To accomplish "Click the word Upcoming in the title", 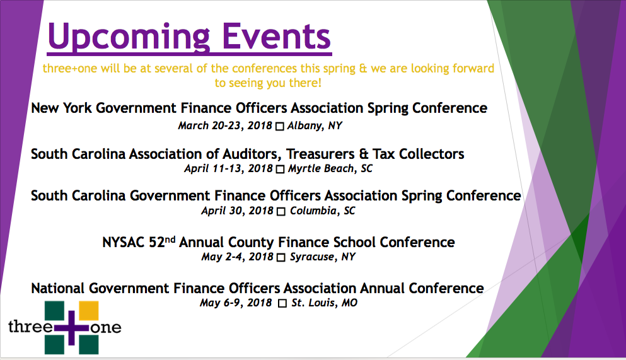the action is click(129, 37).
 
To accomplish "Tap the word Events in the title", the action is click(276, 36).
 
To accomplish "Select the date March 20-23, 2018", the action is click(225, 125).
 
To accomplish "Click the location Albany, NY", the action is click(315, 126).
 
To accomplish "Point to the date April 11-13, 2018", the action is click(228, 168).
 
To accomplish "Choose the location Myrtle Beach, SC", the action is click(330, 169).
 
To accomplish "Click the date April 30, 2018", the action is click(237, 211).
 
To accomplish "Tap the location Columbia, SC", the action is click(323, 211).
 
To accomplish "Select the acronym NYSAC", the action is click(124, 242).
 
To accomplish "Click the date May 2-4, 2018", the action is click(237, 257).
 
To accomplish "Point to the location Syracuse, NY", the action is click(323, 257).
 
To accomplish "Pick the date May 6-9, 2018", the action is click(236, 303).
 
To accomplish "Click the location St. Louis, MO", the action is click(324, 303).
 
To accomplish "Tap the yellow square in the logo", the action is click(89, 311).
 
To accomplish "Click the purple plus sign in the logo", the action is click(71, 328).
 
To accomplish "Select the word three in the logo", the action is click(30, 327).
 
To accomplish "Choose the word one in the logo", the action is click(106, 328).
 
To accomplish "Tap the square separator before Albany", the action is click(280, 127).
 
